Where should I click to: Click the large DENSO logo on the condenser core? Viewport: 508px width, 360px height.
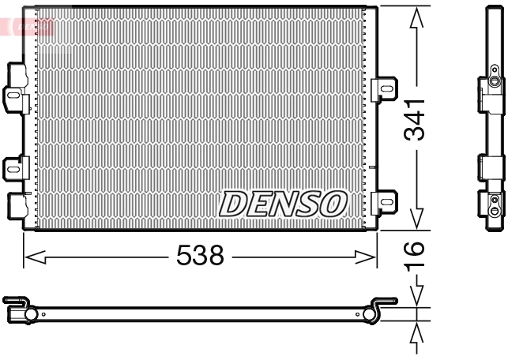282,204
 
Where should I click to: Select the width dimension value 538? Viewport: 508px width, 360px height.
200,255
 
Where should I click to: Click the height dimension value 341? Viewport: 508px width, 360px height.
415,119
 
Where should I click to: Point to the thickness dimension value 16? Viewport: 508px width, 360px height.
415,254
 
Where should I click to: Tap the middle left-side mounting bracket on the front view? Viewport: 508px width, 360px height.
15,167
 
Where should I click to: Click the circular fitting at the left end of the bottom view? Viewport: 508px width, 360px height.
31,315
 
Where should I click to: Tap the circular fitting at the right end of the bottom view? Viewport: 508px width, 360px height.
369,315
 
